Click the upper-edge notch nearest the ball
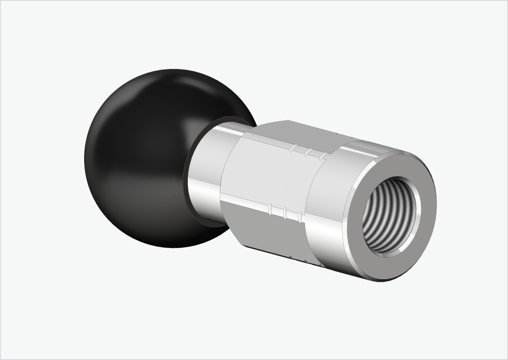(292, 148)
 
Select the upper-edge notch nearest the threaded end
(323, 156)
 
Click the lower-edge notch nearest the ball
(270, 209)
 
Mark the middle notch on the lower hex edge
(286, 213)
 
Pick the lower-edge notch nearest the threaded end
(301, 217)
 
